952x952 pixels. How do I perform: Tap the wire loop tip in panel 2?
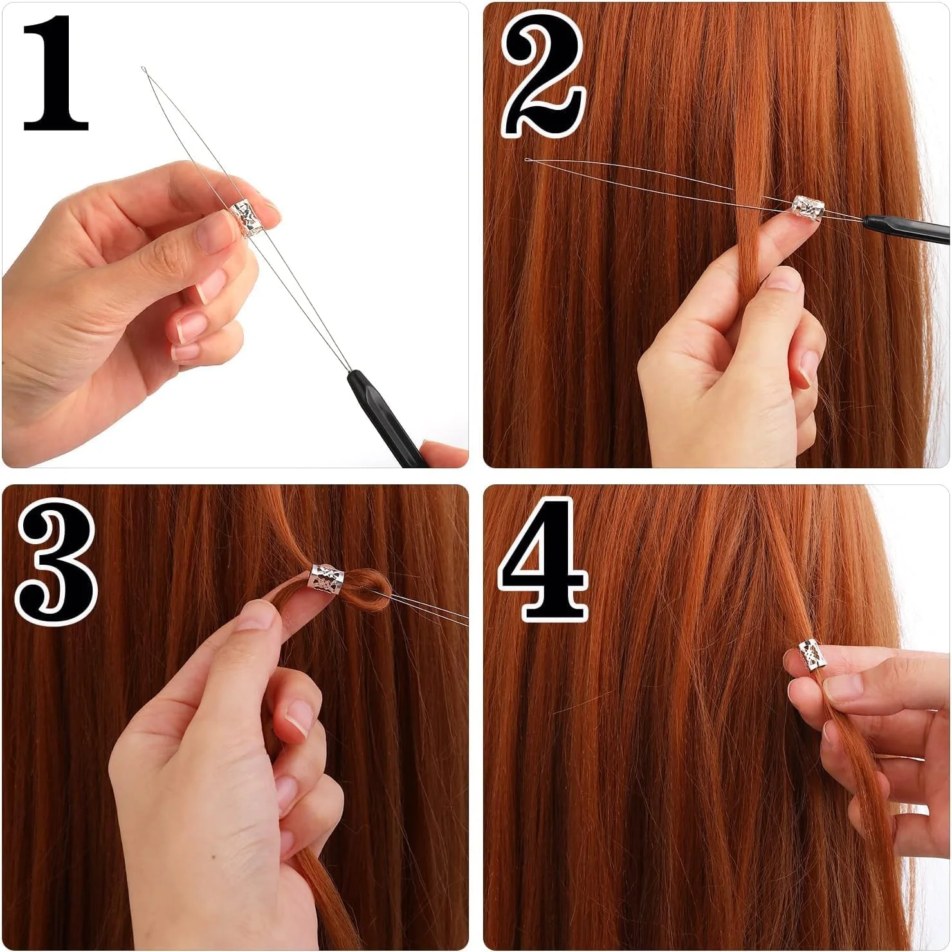528,160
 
